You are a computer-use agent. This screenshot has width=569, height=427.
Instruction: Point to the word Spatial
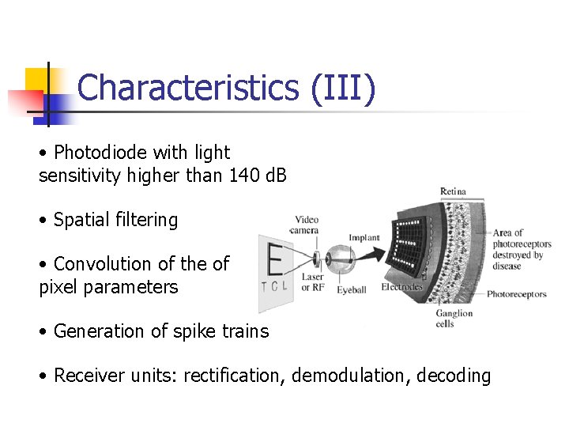(x=82, y=220)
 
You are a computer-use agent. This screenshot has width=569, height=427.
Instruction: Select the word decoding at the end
(x=456, y=376)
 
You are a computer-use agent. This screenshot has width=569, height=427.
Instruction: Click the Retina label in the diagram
(x=453, y=191)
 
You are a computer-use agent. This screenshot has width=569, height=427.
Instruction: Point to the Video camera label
(x=306, y=225)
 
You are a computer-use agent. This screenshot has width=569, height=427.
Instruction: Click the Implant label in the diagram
(x=364, y=237)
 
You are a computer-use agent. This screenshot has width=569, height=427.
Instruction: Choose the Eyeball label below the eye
(x=351, y=290)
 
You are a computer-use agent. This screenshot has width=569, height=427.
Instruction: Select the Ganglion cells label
(x=454, y=319)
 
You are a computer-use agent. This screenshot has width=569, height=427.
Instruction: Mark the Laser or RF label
(x=312, y=282)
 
